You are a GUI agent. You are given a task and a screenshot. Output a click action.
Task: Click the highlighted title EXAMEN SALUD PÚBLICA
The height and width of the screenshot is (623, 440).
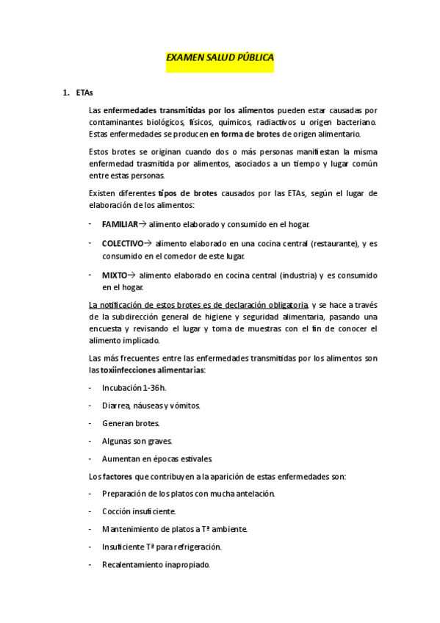220,57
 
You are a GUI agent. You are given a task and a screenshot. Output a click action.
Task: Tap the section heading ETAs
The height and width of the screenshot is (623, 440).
84,93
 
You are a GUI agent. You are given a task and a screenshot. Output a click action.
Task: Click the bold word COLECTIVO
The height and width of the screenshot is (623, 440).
123,243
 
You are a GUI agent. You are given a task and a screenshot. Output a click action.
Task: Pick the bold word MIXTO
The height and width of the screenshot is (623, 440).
115,276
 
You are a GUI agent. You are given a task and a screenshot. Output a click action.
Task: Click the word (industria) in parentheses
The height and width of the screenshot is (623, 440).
297,276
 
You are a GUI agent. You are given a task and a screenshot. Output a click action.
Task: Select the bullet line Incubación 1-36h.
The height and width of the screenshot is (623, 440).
134,388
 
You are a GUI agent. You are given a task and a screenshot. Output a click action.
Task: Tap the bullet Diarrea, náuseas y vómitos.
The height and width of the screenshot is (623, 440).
151,406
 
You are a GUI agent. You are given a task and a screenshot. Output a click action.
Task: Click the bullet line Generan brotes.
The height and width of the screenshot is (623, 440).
131,423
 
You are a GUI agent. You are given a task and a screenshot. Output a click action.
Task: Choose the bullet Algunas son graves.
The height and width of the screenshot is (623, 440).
137,441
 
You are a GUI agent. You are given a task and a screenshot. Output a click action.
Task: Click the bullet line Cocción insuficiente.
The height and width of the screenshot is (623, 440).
139,511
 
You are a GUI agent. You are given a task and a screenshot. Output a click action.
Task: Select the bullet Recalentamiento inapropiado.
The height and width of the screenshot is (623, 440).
156,564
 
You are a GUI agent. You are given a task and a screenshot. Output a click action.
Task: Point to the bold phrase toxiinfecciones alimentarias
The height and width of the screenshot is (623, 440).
152,370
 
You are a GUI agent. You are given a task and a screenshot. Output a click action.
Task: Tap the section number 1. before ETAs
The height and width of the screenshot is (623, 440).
65,93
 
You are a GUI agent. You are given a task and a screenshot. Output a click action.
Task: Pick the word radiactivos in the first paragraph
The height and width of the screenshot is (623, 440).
293,122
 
